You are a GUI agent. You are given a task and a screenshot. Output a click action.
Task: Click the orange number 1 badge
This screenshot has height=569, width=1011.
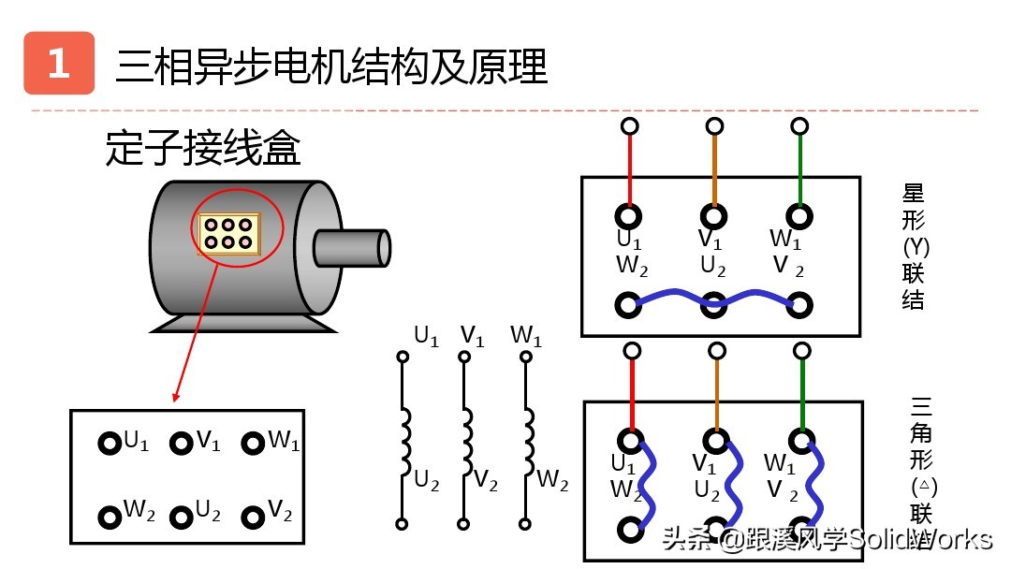click(59, 64)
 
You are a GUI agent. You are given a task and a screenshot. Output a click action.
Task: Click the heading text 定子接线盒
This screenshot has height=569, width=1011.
click(202, 149)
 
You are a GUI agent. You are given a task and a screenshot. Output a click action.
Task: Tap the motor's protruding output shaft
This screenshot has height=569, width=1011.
click(350, 247)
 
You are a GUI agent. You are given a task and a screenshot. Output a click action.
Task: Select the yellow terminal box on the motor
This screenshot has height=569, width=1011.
click(227, 233)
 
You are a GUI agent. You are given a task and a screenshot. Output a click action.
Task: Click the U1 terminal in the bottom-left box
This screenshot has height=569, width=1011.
click(110, 443)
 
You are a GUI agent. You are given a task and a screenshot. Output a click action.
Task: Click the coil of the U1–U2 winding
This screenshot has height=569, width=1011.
click(404, 441)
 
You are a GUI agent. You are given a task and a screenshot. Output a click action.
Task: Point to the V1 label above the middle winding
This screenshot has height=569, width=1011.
click(472, 336)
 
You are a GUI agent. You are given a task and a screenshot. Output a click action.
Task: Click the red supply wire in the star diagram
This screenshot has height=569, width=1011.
click(630, 168)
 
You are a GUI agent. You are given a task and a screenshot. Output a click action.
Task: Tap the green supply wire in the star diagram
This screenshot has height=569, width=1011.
click(799, 168)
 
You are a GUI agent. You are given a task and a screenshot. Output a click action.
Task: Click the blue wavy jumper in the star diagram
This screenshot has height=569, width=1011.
click(714, 299)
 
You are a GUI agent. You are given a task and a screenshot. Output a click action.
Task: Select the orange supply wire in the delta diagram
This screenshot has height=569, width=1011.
click(717, 398)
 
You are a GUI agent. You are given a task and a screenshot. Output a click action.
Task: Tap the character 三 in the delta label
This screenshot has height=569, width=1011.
click(922, 409)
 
